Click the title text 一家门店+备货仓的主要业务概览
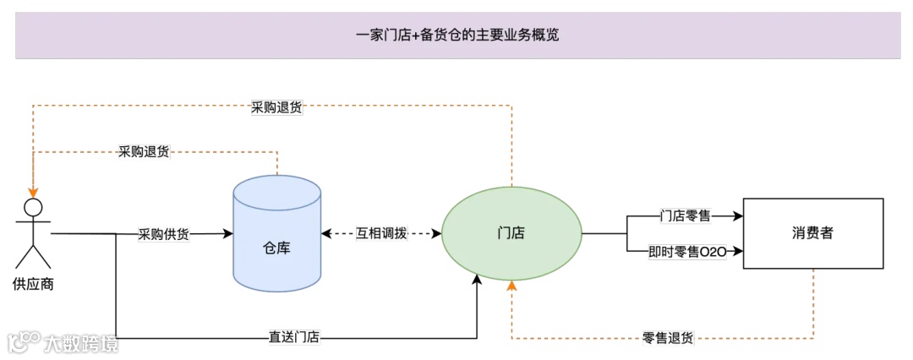457,35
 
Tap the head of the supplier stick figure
33,208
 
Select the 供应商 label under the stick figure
33,284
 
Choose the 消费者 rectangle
812,233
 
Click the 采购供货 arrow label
164,234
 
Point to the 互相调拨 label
381,234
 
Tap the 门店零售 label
686,216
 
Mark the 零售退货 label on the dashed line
667,338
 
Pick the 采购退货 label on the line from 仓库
144,152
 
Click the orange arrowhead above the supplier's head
33,192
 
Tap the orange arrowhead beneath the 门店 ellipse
511,286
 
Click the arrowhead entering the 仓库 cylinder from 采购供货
228,234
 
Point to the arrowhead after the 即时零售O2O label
737,251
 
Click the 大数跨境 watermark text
81,343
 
